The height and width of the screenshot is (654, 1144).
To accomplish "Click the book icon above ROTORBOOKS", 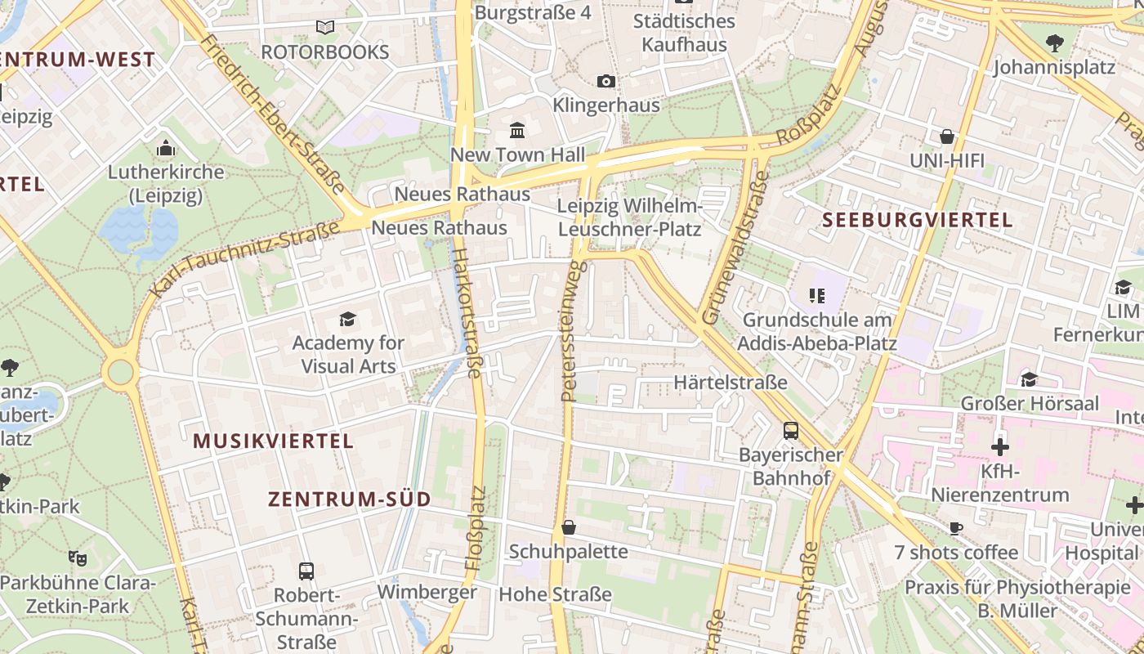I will click(325, 27).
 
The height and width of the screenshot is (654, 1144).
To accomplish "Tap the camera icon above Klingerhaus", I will click(606, 81).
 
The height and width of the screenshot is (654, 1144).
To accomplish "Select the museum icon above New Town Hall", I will click(517, 131).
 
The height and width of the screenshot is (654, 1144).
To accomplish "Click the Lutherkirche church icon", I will click(166, 149).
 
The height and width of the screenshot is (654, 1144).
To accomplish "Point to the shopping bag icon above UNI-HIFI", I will click(947, 136).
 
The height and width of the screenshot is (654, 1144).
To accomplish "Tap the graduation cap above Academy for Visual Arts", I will click(348, 319).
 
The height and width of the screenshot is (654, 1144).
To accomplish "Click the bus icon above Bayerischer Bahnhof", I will click(790, 430).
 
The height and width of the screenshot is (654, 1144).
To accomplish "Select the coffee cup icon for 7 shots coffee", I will click(956, 528).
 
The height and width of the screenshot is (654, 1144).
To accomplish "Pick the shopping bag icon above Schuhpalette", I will click(569, 527).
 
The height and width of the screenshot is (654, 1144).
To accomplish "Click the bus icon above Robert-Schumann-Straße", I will click(306, 571).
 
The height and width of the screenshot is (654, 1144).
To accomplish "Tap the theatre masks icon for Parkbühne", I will click(77, 558).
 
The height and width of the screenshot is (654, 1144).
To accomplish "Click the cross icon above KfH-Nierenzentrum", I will click(1000, 447).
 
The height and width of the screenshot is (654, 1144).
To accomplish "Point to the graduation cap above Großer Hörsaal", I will click(1029, 379).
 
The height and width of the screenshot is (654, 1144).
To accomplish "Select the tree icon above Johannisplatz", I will click(1054, 43).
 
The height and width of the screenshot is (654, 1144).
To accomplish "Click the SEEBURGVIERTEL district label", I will click(917, 220).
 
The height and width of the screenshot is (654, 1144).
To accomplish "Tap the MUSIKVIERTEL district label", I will click(273, 441).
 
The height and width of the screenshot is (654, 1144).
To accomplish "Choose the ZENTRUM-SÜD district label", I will click(349, 499).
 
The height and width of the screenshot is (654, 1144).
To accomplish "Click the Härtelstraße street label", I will click(731, 382).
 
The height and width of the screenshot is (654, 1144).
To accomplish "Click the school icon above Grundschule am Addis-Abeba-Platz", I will click(816, 295).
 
